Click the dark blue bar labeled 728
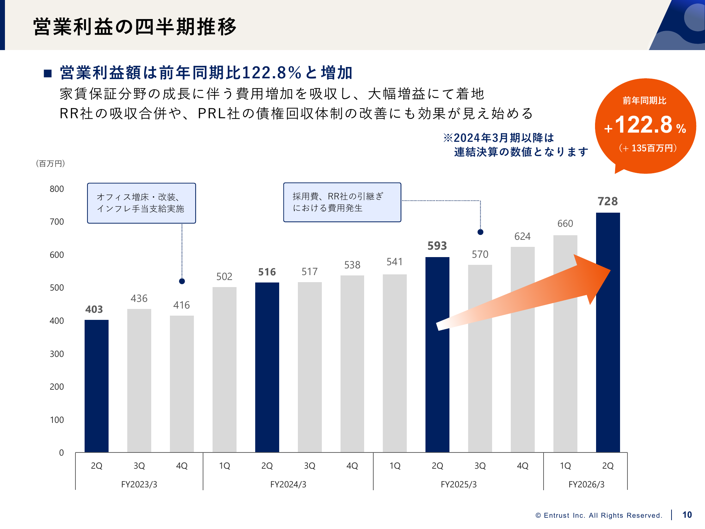point(608,332)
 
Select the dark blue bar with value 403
point(97,386)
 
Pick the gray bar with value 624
point(523,349)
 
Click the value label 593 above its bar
point(437,246)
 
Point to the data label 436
point(139,299)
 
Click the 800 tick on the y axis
point(57,189)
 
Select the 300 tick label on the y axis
point(57,354)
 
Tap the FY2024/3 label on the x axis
point(288,485)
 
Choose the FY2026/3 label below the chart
point(586,485)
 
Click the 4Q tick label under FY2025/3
point(523,466)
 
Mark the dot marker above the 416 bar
point(182,281)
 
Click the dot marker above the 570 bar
point(480,232)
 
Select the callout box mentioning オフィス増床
point(141,203)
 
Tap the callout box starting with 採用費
point(342,202)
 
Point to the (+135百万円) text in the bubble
point(648,148)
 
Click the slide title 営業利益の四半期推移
point(135,27)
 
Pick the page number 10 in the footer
point(687,515)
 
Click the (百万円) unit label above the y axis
point(50,164)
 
